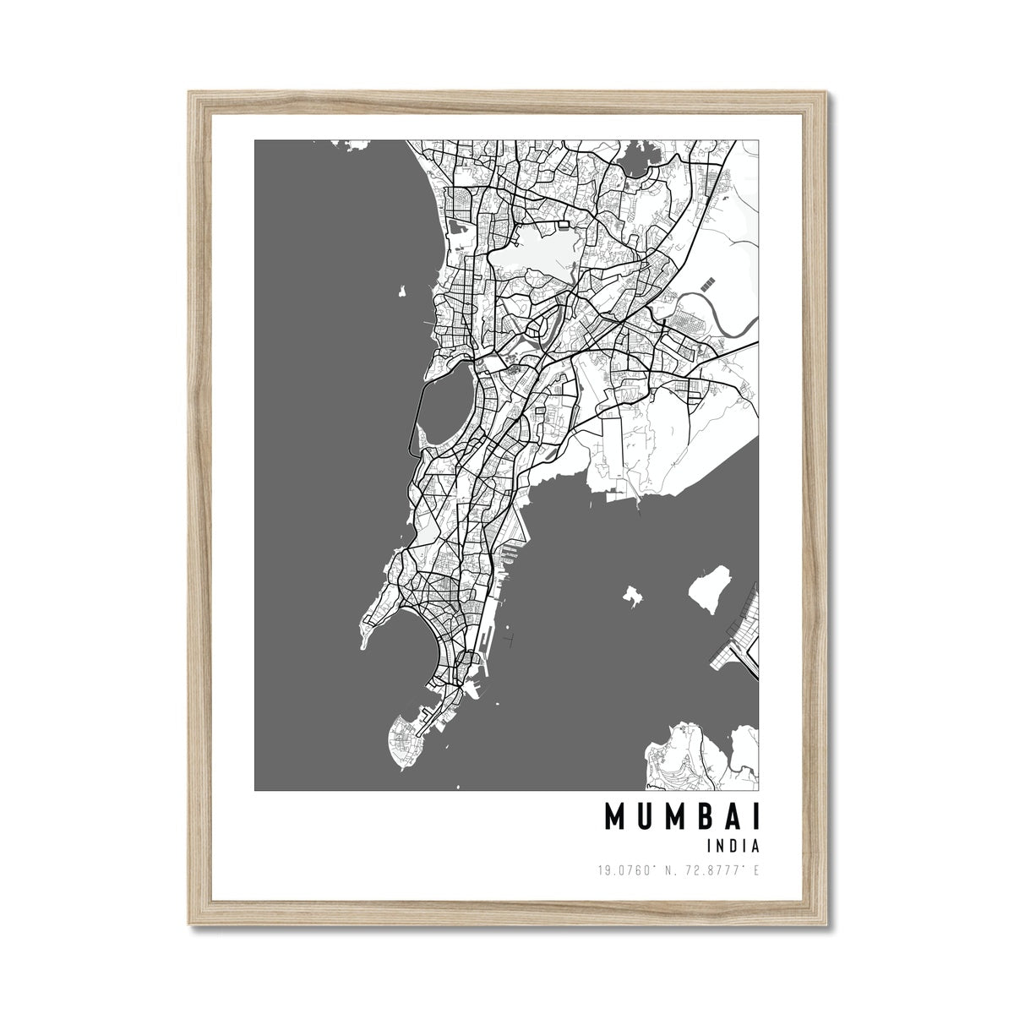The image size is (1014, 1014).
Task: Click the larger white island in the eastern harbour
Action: [x=710, y=590]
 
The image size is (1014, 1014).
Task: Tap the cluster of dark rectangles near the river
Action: [x=706, y=280]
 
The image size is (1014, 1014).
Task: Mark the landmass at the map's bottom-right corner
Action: [x=701, y=757]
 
